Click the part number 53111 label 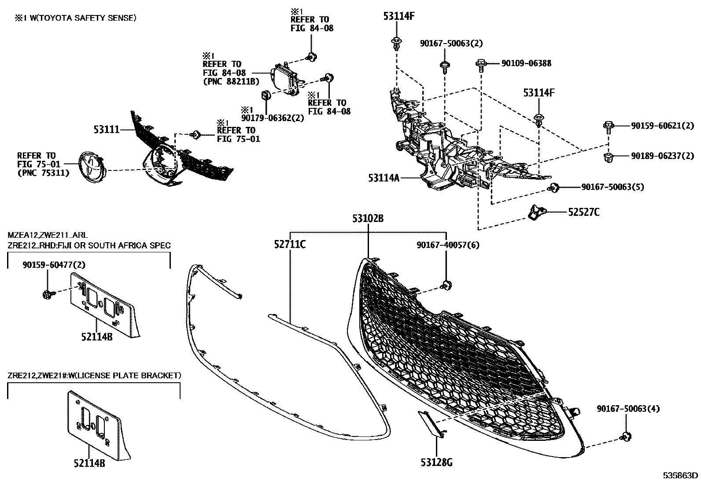coord(106,130)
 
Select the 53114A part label coord(384,178)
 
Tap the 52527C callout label coord(583,213)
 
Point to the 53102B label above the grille coord(368,218)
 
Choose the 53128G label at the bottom coord(436,462)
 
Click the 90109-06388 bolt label coord(526,63)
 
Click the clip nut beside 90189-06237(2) coord(608,157)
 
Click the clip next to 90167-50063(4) coord(625,437)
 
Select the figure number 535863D coord(681,476)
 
